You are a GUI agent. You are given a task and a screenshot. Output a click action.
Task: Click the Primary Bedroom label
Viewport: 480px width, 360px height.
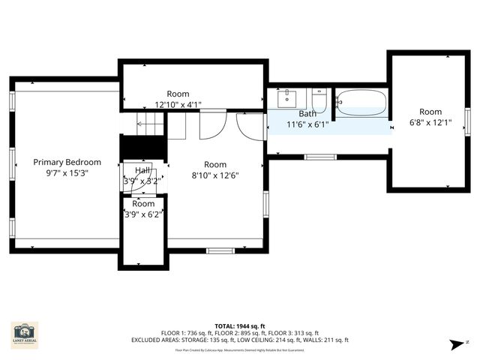pyautogui.click(x=67, y=161)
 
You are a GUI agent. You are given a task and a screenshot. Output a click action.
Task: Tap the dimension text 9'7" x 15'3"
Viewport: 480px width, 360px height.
pyautogui.click(x=67, y=172)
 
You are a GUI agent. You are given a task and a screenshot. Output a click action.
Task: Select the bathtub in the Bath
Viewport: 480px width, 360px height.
pyautogui.click(x=361, y=102)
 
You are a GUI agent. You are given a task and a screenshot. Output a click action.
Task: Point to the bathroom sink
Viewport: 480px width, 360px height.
pyautogui.click(x=288, y=98)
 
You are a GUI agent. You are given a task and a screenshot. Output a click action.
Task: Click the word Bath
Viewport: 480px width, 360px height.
pyautogui.click(x=307, y=114)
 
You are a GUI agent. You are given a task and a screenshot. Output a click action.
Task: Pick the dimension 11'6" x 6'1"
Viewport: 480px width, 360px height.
pyautogui.click(x=307, y=124)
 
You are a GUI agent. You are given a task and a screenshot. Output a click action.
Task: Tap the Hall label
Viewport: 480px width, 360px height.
pyautogui.click(x=142, y=170)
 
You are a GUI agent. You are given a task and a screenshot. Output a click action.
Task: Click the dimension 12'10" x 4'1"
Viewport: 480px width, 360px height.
pyautogui.click(x=178, y=105)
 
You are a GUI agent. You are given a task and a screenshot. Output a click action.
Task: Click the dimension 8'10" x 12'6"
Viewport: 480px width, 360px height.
pyautogui.click(x=214, y=175)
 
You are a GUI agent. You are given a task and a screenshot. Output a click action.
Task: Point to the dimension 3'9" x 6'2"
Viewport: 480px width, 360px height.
pyautogui.click(x=143, y=214)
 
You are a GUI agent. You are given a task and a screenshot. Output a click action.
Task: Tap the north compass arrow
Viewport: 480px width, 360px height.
pyautogui.click(x=457, y=344)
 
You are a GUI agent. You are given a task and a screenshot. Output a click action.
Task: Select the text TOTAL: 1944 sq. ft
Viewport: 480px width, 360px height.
pyautogui.click(x=239, y=325)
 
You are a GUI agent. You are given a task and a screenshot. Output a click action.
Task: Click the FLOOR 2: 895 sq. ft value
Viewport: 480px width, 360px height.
pyautogui.click(x=239, y=333)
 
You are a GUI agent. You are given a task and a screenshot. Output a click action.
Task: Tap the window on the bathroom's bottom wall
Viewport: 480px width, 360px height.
pyautogui.click(x=319, y=157)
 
